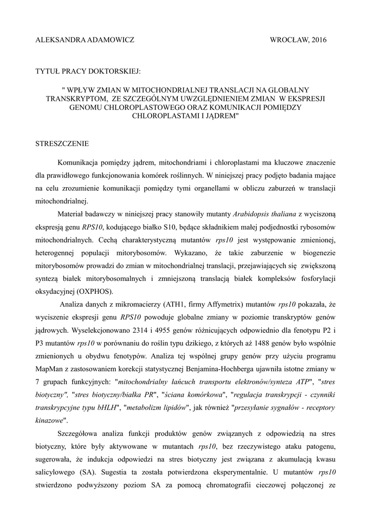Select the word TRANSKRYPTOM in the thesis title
pyautogui.click(x=90, y=98)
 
